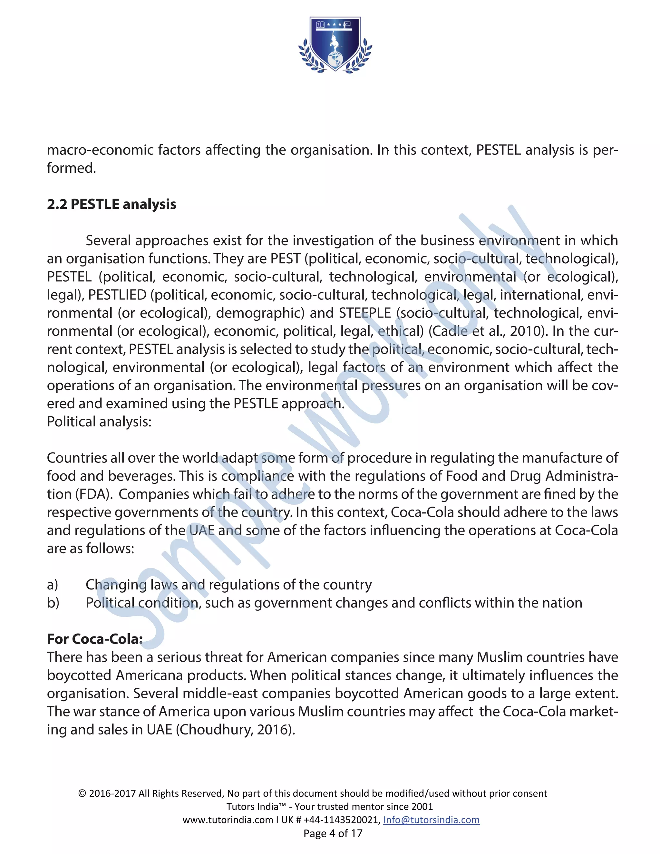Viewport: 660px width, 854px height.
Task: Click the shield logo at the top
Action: (x=335, y=44)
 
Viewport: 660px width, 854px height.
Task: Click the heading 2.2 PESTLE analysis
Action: (x=112, y=204)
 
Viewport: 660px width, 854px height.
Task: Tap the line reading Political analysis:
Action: (x=99, y=422)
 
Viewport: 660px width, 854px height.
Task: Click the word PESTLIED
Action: (x=117, y=295)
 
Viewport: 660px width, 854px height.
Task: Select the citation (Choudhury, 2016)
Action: (x=235, y=730)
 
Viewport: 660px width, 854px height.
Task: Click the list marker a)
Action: (x=53, y=585)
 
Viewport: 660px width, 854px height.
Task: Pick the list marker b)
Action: (x=53, y=603)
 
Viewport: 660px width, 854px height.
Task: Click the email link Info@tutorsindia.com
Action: (x=431, y=820)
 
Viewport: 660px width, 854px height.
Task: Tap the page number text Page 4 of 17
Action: (x=333, y=833)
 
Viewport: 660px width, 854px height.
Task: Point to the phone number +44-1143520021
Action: (x=341, y=820)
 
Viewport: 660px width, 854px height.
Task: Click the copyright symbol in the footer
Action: (x=82, y=793)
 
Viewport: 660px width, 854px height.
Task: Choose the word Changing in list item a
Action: (x=116, y=585)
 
